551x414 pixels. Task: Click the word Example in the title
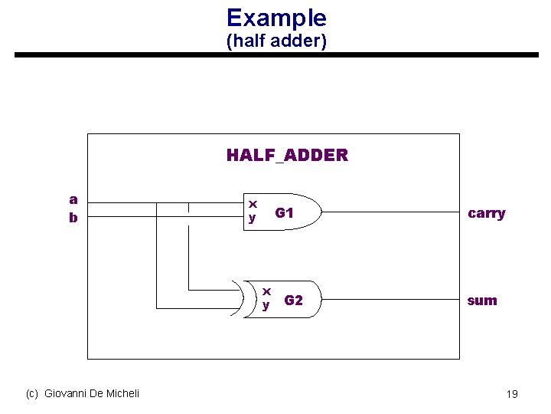[276, 18]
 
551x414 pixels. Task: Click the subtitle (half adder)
[276, 41]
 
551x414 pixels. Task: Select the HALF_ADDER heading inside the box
[287, 156]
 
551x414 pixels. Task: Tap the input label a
[73, 199]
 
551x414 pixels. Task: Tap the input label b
[73, 218]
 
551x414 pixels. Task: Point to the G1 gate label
[285, 212]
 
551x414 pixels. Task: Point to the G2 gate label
[294, 301]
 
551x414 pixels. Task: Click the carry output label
[486, 213]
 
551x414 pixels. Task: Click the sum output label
[482, 301]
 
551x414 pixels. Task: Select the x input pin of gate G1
[253, 204]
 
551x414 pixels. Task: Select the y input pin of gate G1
[253, 219]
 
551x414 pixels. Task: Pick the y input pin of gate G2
[266, 305]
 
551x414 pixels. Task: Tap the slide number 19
[512, 394]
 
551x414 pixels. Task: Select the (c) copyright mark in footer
[32, 393]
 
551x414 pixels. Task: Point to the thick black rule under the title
[276, 55]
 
